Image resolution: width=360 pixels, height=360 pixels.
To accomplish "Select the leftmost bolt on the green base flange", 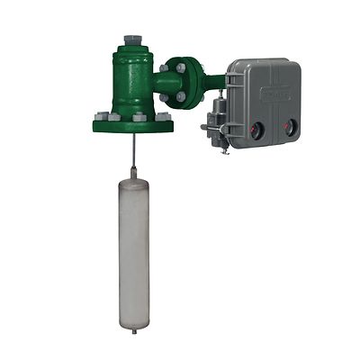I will [x=100, y=116].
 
